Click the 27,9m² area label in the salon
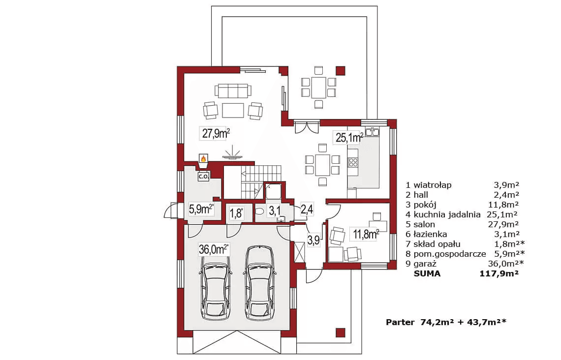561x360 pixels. coord(216,134)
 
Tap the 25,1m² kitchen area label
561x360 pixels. coord(349,137)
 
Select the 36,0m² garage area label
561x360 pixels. coord(214,249)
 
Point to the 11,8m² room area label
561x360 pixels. coord(365,235)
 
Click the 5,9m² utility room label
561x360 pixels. coord(201,209)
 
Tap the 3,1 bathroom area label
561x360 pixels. coord(275,210)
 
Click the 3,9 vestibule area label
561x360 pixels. coord(313,240)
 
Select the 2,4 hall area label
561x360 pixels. coord(307,209)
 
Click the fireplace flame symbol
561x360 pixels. coord(203,158)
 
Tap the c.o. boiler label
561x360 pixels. coord(204,176)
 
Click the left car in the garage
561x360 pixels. coord(215,282)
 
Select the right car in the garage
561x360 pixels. coord(260,282)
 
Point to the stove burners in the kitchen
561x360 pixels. coord(353,162)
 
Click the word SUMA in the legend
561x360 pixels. coord(427,274)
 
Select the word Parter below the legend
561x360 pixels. coord(400,322)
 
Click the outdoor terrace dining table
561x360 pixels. coord(318,88)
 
